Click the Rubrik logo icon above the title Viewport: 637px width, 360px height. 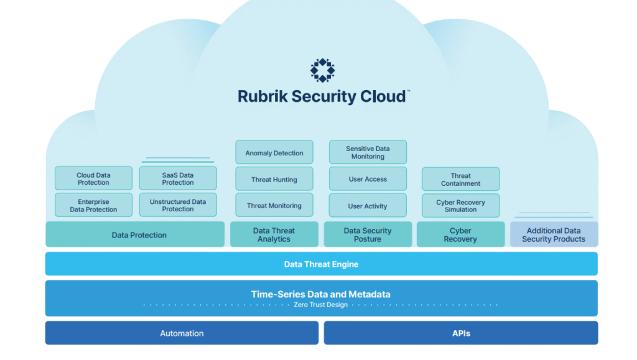322,71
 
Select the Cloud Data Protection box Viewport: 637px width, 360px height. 93,178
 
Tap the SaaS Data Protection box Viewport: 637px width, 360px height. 178,178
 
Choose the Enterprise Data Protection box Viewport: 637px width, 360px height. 93,205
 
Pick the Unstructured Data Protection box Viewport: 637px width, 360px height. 178,205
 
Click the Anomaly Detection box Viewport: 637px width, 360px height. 274,153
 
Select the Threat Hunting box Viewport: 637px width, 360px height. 274,179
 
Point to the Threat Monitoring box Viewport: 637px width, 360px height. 274,205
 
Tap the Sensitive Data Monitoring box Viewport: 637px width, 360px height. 368,152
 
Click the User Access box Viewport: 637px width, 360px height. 368,179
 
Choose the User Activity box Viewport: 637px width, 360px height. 368,206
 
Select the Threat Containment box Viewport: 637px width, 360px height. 460,179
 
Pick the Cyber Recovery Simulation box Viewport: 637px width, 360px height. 460,206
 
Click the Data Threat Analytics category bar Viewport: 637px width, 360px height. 274,234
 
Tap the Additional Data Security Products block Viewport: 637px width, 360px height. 554,234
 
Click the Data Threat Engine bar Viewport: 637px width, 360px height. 321,264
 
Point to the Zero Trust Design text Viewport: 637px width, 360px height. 321,305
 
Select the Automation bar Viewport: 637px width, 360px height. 182,333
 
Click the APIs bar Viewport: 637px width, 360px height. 460,333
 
